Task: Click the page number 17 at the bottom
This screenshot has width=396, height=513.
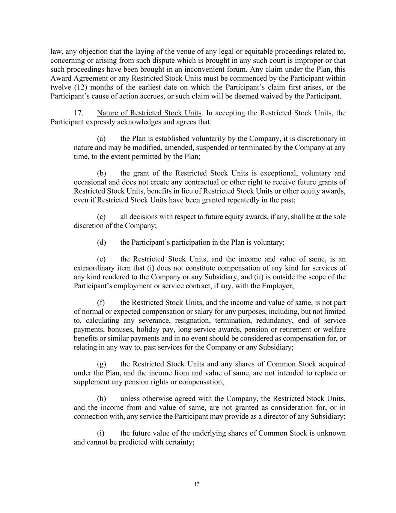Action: click(197, 484)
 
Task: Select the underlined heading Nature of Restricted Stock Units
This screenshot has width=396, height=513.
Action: click(149, 113)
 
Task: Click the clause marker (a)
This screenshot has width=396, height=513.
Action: click(101, 139)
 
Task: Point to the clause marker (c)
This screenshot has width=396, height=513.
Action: click(101, 217)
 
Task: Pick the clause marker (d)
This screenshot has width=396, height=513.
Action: click(101, 242)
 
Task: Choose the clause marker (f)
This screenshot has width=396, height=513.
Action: click(101, 303)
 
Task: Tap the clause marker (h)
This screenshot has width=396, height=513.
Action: click(101, 399)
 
